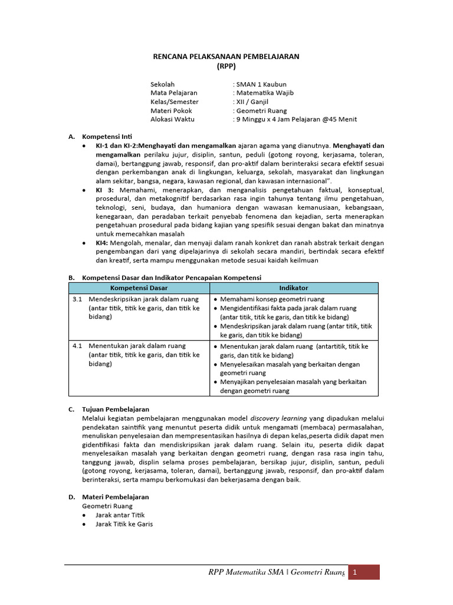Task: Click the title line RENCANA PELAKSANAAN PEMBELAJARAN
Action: [226, 56]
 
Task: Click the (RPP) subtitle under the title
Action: [226, 67]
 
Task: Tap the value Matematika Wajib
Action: [264, 93]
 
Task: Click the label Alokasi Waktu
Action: [172, 119]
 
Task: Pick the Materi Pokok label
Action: [171, 110]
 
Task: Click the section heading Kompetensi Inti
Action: [107, 136]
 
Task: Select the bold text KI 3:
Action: [107, 190]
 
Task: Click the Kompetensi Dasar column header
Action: [139, 288]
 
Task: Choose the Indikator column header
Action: [293, 288]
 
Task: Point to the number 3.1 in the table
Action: [77, 300]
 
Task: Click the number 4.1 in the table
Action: [77, 346]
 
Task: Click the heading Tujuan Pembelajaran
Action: [116, 409]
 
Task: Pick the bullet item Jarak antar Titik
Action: [120, 515]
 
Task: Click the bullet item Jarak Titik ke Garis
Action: [124, 523]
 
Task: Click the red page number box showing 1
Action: [363, 573]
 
